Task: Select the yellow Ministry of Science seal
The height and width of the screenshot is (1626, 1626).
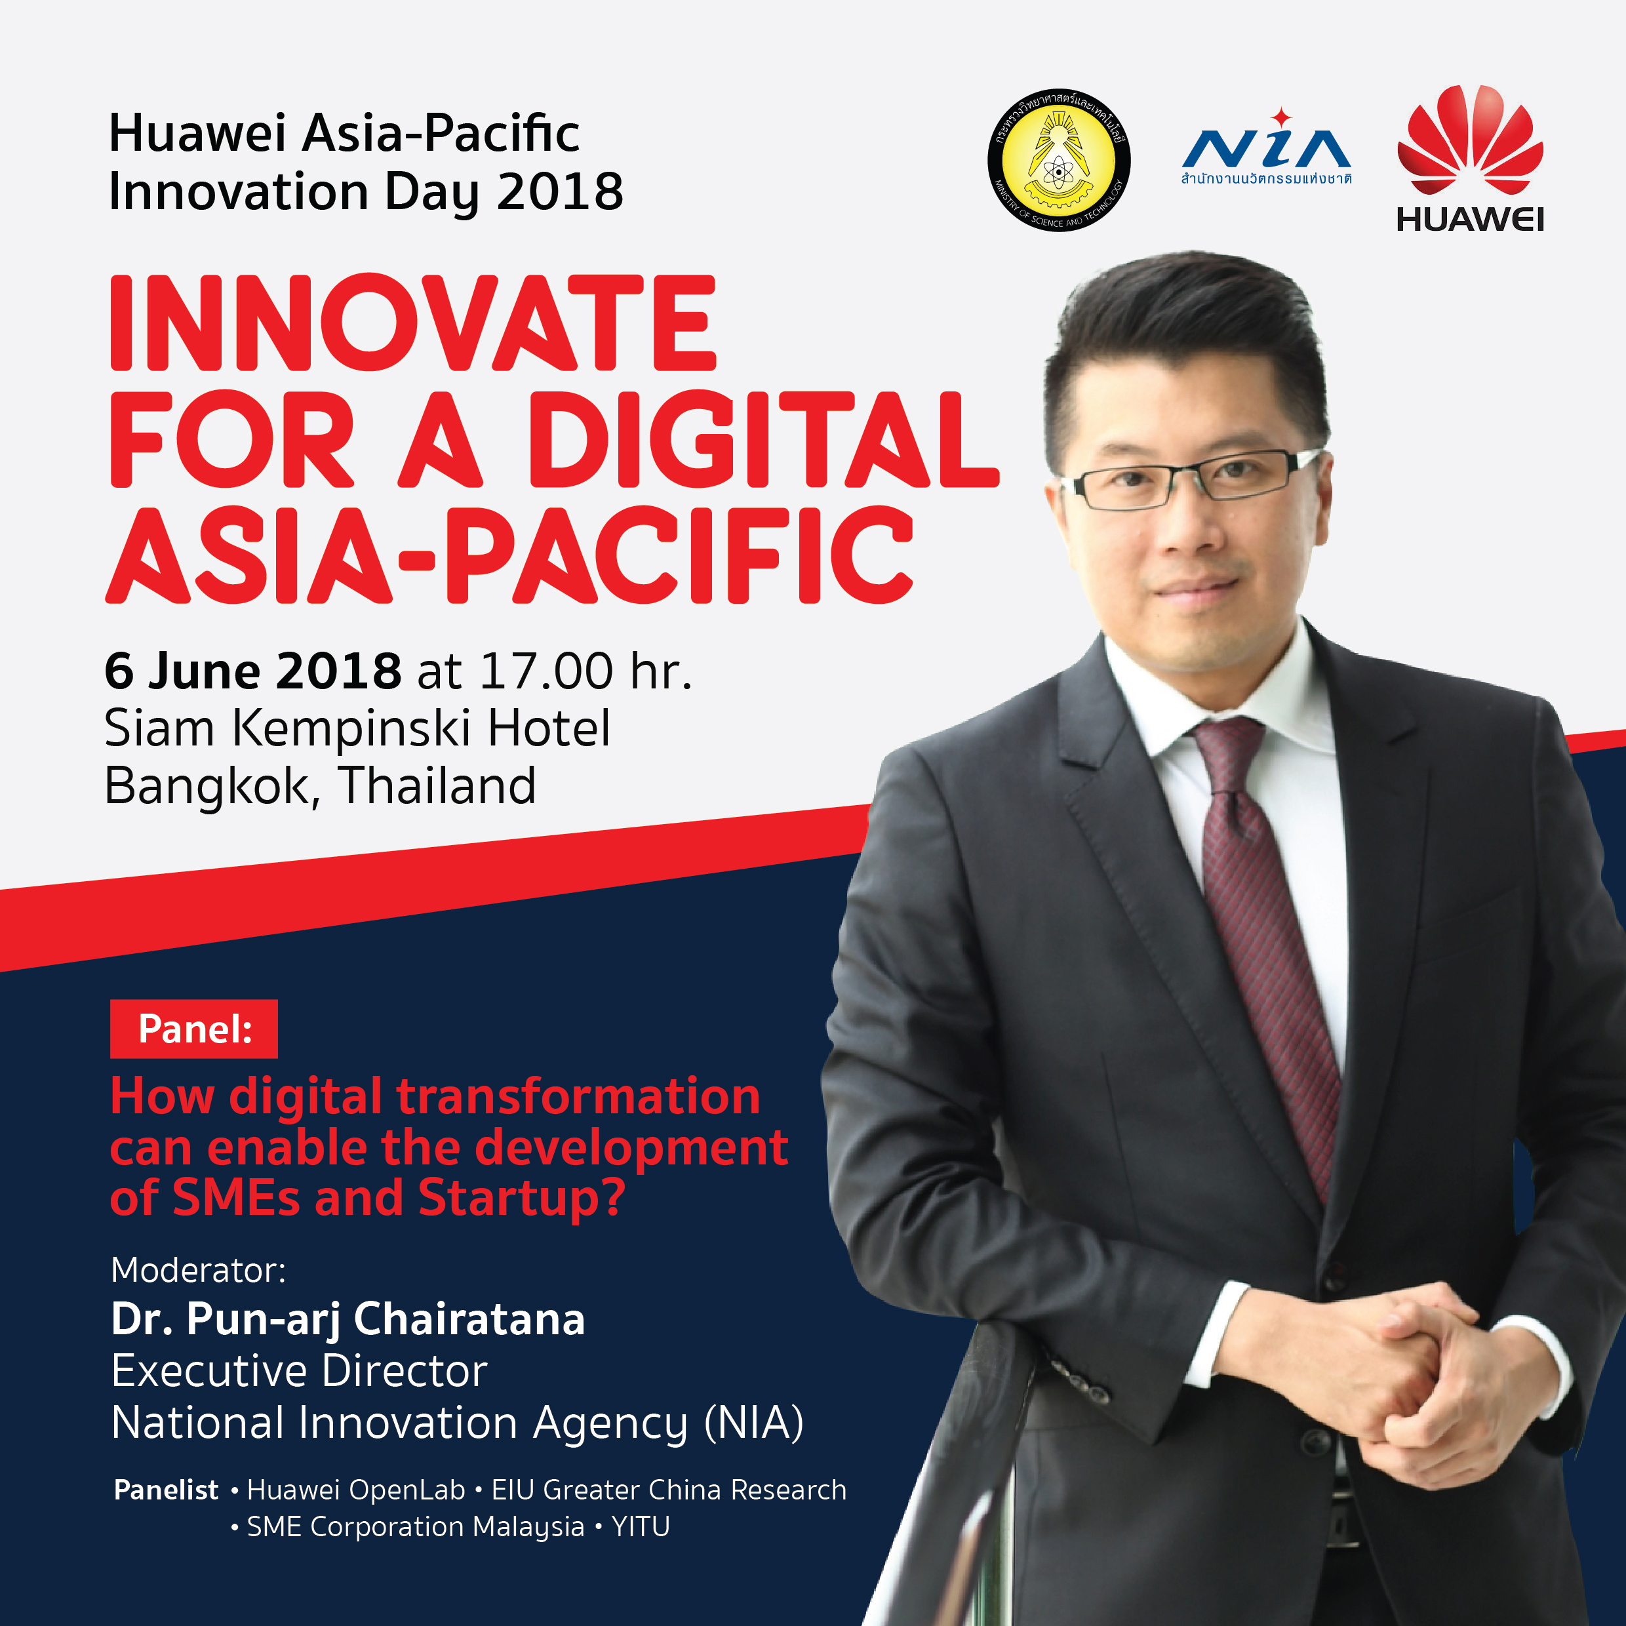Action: (x=1059, y=160)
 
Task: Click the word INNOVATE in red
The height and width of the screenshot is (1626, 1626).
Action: (x=412, y=323)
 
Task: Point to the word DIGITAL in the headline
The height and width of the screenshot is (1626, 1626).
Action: (x=763, y=439)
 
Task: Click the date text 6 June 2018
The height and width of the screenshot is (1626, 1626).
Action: (x=252, y=671)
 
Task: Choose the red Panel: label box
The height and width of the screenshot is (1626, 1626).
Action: (x=193, y=1029)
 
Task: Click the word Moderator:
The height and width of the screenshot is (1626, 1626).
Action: (x=199, y=1270)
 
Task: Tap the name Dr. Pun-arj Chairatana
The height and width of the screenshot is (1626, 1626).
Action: (x=347, y=1320)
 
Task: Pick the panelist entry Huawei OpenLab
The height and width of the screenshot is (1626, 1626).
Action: (x=355, y=1490)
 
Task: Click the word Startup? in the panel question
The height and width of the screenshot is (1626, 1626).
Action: (x=522, y=1199)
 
